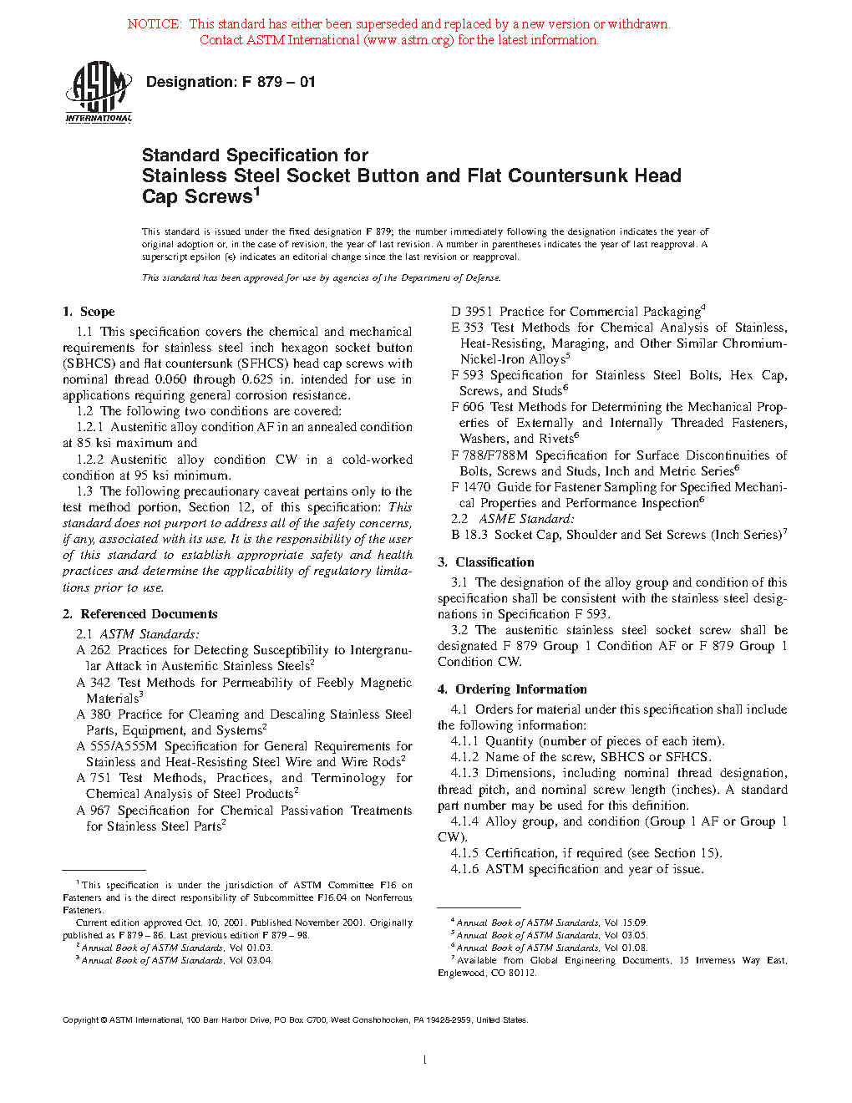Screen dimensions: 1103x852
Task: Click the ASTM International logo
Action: pos(99,93)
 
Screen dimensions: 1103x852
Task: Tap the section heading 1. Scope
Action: pos(89,312)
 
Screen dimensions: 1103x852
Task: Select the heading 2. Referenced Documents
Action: pos(139,614)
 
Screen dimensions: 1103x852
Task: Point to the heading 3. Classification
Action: pos(486,562)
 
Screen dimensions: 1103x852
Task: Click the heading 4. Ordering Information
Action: pos(512,689)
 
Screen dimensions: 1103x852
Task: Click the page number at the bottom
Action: pos(425,1060)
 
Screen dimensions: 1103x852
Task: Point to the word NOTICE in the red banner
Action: pos(154,24)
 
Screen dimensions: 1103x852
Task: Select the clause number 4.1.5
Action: pos(464,853)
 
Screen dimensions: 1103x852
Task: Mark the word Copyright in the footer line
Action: pos(81,1020)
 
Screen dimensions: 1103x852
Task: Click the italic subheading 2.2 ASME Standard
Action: pos(513,519)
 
